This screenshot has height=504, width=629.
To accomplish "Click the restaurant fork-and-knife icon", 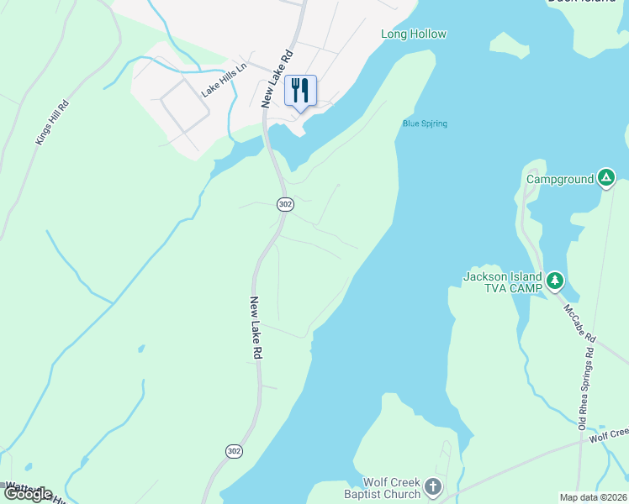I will point(300,89).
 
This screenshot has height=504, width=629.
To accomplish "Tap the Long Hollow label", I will point(413,34).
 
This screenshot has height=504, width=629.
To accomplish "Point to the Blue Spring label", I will point(425,124).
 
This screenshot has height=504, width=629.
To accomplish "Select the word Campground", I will point(560,179).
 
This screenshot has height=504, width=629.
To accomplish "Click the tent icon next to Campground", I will point(606,178).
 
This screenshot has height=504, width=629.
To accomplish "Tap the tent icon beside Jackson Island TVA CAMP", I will point(554,280).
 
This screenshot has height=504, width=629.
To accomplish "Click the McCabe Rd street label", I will point(580,323).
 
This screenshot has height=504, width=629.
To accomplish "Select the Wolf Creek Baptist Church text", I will point(391,488).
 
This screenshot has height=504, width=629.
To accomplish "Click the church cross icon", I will point(432,486).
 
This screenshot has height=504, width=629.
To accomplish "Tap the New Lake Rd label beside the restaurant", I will point(277,77).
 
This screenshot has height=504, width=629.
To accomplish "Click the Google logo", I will point(27,493).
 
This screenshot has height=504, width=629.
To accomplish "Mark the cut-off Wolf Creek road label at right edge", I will point(609,434).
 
